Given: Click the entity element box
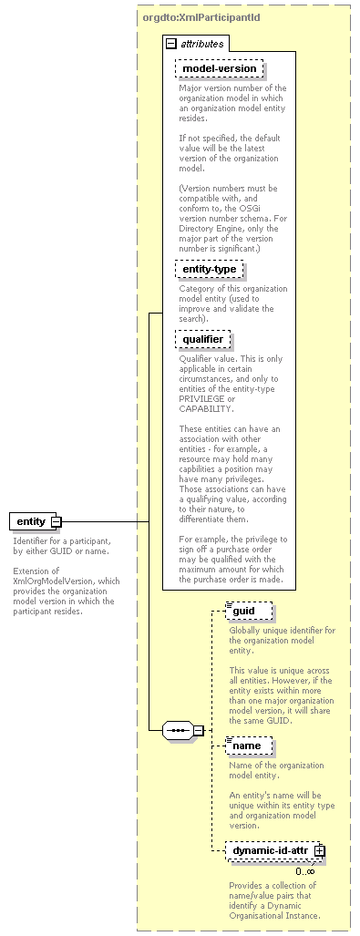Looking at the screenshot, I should (x=30, y=521).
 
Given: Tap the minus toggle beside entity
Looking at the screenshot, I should (x=57, y=521).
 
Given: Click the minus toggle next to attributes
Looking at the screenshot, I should (x=170, y=43).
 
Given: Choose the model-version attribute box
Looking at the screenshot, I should (x=219, y=68).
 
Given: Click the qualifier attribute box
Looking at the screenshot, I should (x=202, y=339).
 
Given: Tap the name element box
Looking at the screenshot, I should (x=247, y=746).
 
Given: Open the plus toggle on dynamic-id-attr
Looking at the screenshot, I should (x=319, y=850).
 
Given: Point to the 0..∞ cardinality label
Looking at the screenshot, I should (x=305, y=871).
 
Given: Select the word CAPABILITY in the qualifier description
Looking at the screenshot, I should (x=206, y=409).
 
